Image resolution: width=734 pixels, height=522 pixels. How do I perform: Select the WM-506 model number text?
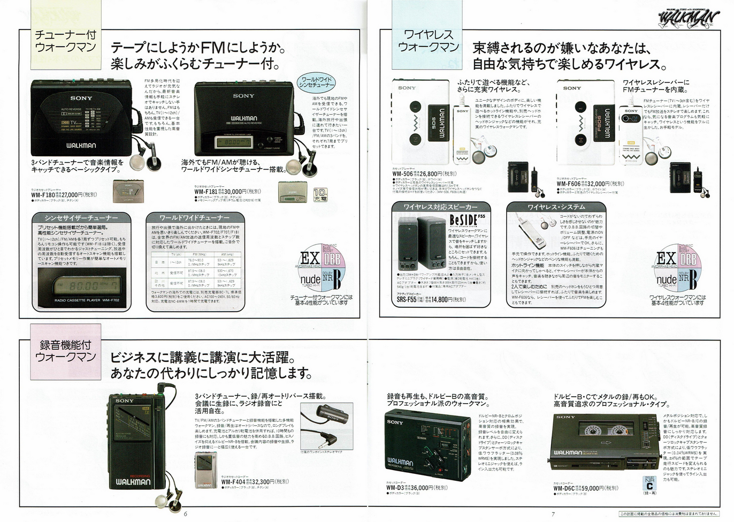pyautogui.click(x=403, y=173)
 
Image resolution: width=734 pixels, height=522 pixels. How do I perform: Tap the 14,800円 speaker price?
pyautogui.click(x=447, y=300)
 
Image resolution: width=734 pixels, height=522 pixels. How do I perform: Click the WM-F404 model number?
pyautogui.click(x=234, y=482)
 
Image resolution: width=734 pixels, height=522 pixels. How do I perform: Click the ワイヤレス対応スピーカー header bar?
pyautogui.click(x=440, y=207)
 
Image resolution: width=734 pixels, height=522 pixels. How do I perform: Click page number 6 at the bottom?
pyautogui.click(x=185, y=515)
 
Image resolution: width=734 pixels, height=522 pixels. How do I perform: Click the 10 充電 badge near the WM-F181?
pyautogui.click(x=320, y=194)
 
